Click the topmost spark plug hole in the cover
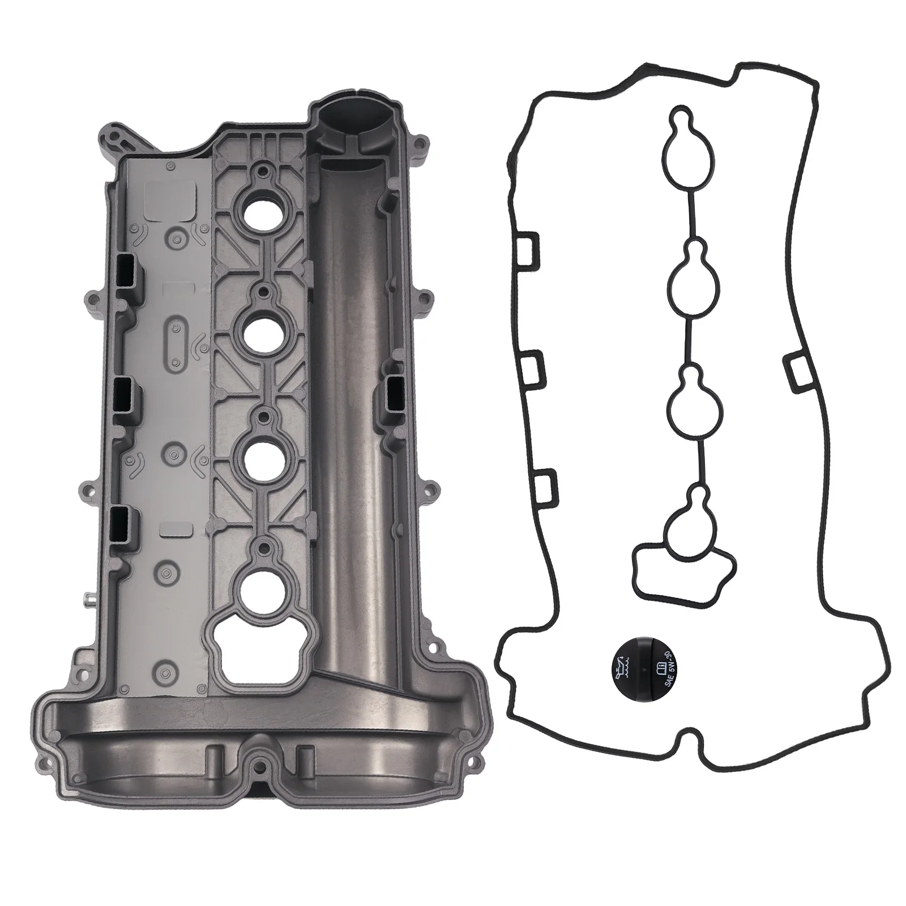point(261,212)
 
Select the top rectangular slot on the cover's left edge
point(127,271)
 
